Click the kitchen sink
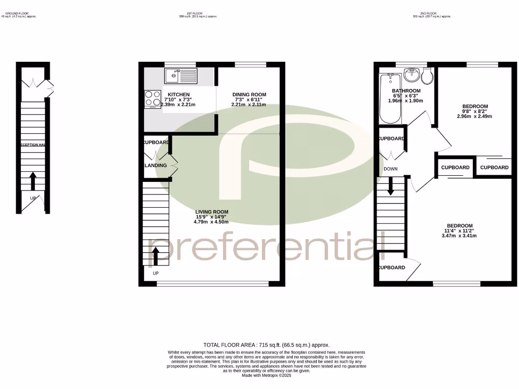pos(180,76)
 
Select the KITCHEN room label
pos(178,95)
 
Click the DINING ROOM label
pos(249,95)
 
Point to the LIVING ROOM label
pos(212,212)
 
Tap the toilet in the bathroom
pos(426,76)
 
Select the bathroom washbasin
pos(412,76)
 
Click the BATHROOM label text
pos(406,91)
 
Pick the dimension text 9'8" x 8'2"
pos(474,111)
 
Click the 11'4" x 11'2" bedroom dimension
pos(459,231)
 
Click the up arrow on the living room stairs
pos(156,256)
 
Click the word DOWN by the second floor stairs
pos(391,169)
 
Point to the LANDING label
pos(156,166)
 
